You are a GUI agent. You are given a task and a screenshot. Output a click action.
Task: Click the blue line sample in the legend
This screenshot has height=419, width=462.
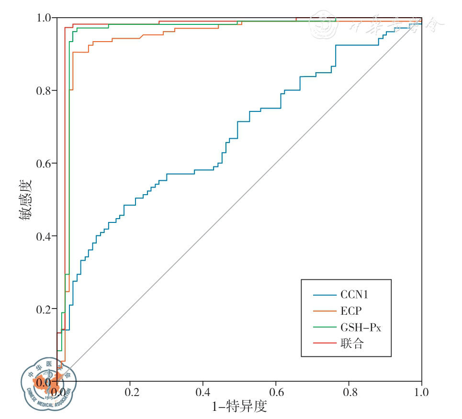tap(324, 295)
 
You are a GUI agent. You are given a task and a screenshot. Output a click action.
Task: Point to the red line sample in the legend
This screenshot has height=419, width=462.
tap(324, 344)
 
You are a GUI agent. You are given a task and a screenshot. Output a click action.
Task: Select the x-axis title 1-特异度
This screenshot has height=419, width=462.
tap(239, 408)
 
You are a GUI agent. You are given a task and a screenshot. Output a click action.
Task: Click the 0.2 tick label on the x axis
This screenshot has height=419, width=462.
tap(130, 393)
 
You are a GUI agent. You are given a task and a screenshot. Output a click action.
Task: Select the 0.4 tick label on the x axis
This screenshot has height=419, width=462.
tap(203, 393)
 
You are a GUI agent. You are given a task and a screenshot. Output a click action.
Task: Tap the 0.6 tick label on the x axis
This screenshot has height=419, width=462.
tap(276, 393)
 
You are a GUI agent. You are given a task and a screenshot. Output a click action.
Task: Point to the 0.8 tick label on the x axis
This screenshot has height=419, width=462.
tap(349, 393)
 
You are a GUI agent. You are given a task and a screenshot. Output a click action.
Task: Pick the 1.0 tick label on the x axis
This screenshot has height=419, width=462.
tap(421, 393)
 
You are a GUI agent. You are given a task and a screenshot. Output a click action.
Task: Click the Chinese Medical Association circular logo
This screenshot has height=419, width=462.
tap(48, 383)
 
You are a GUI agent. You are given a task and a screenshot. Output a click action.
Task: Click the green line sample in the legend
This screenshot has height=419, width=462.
tap(324, 328)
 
